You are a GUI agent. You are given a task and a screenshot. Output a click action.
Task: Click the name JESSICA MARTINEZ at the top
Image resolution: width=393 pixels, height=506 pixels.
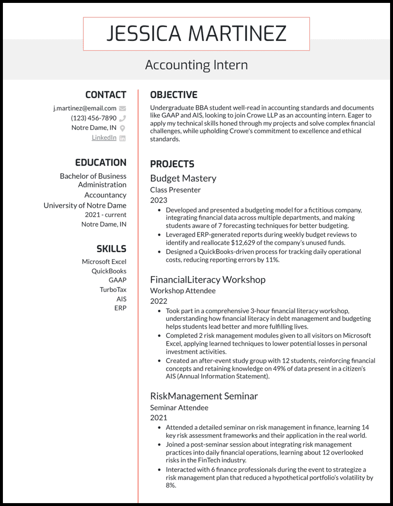click(196, 33)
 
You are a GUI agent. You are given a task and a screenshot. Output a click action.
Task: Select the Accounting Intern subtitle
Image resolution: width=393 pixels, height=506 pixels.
click(196, 65)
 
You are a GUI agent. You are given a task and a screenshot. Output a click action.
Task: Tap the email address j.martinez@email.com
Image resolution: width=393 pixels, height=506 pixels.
click(85, 108)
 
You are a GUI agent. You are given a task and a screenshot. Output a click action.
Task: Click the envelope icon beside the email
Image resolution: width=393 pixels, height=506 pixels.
click(122, 109)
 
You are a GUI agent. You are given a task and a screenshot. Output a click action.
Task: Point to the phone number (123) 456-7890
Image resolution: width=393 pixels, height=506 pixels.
click(93, 118)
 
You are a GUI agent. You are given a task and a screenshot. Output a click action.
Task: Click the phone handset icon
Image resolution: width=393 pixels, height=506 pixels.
click(122, 118)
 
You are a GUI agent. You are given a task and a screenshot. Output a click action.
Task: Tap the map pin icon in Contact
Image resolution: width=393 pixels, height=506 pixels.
click(122, 128)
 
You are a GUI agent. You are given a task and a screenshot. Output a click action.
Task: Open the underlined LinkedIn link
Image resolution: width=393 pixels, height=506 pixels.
click(104, 138)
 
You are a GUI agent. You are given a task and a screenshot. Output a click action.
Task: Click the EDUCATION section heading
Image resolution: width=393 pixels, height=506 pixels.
click(100, 162)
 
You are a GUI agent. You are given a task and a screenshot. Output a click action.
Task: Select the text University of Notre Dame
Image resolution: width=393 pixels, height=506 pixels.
click(85, 205)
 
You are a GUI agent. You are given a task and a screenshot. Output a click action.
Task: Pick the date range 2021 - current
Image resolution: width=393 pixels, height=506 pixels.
click(106, 215)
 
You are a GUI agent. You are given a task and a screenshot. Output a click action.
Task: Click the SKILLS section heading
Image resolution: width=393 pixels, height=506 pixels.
click(111, 249)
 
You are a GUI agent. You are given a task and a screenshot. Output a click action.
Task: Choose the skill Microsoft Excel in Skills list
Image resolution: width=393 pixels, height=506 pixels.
click(104, 262)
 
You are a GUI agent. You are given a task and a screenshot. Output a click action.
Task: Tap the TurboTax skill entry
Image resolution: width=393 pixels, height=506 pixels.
click(113, 289)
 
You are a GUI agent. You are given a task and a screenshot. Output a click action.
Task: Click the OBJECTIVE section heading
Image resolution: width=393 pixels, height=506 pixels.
click(173, 95)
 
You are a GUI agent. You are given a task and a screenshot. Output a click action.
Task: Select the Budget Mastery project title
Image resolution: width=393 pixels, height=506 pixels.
click(183, 178)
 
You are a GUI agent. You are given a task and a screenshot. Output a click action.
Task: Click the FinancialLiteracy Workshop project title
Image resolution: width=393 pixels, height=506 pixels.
click(208, 280)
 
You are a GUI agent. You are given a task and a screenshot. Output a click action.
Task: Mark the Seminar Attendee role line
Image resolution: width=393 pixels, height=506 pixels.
click(179, 407)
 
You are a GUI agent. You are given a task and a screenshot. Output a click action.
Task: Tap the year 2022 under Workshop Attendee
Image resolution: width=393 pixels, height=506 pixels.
click(158, 301)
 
